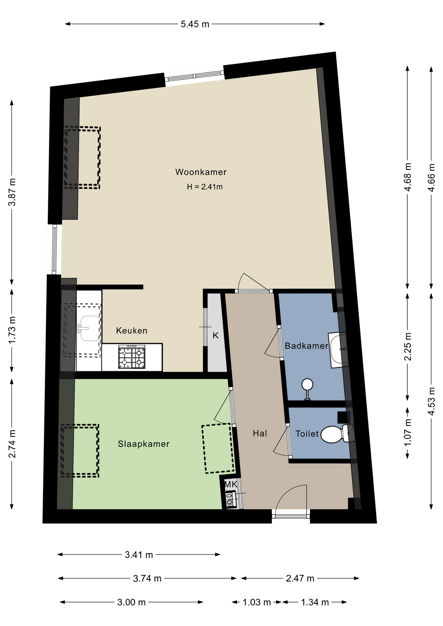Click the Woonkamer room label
[x=201, y=172]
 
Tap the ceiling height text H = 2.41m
[x=205, y=187]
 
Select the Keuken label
[x=131, y=331]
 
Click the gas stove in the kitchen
[x=132, y=357]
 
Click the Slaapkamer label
[x=144, y=444]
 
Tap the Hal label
[x=260, y=433]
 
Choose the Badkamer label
[x=306, y=346]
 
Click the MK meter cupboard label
[x=231, y=484]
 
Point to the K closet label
[x=216, y=335]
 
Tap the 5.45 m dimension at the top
[x=195, y=24]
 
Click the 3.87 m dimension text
[x=12, y=192]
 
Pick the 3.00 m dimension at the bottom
[x=131, y=602]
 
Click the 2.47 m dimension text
[x=300, y=578]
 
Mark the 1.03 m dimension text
[x=257, y=602]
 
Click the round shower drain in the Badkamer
[x=307, y=385]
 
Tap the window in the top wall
[x=194, y=76]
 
